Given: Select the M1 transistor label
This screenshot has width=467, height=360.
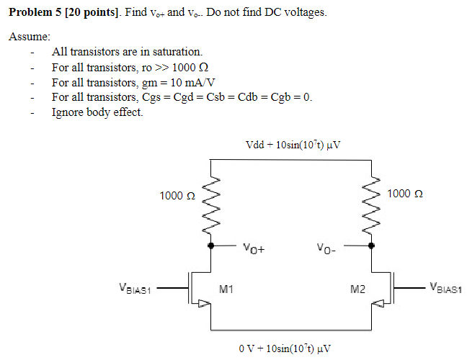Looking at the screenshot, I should tap(226, 290).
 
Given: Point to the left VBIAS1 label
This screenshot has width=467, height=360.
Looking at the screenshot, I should tap(136, 289).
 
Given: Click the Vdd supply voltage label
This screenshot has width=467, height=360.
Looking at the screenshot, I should tap(293, 144).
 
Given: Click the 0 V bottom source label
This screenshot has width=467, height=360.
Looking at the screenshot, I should tap(285, 348).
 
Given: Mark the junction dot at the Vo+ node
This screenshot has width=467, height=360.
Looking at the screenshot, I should tap(210, 246).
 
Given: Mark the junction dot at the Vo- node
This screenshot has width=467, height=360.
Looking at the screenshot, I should tap(372, 246).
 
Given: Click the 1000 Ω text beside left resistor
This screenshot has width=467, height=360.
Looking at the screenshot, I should tap(177, 196).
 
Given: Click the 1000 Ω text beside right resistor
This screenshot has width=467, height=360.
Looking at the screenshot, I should tap(405, 194).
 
